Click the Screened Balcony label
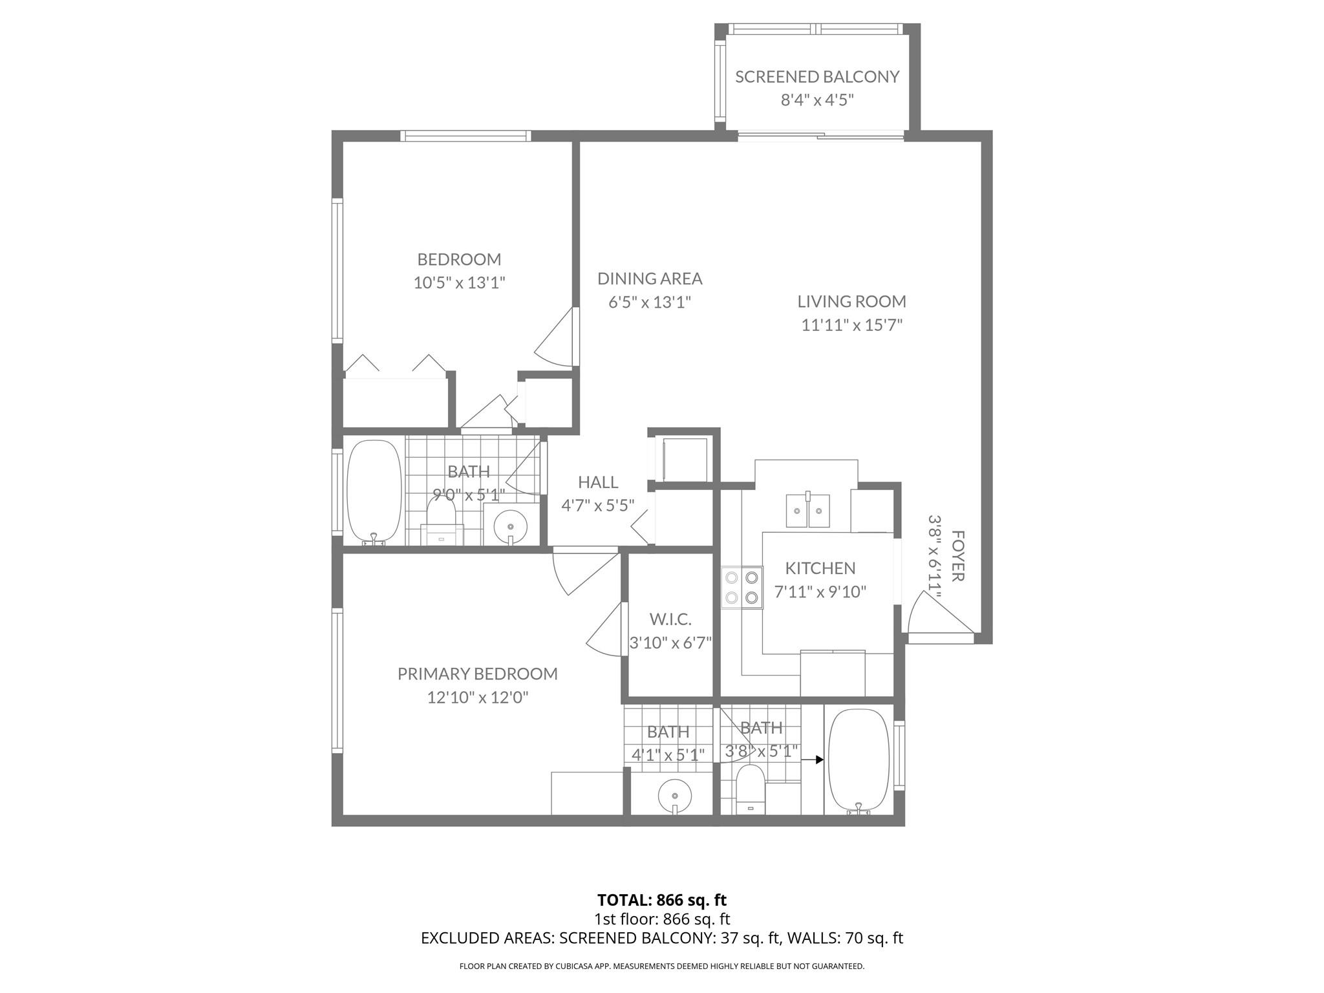(x=817, y=77)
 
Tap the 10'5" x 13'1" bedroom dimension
(x=459, y=283)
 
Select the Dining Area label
(x=650, y=279)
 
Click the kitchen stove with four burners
(x=742, y=587)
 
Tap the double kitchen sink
(x=808, y=511)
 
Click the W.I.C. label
(x=670, y=619)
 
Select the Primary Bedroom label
(x=477, y=674)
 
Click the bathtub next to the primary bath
(x=859, y=760)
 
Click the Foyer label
(x=958, y=556)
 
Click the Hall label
(x=598, y=482)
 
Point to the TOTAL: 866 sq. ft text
(x=661, y=900)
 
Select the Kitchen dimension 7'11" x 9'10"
(x=820, y=592)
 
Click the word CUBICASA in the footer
(x=574, y=966)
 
